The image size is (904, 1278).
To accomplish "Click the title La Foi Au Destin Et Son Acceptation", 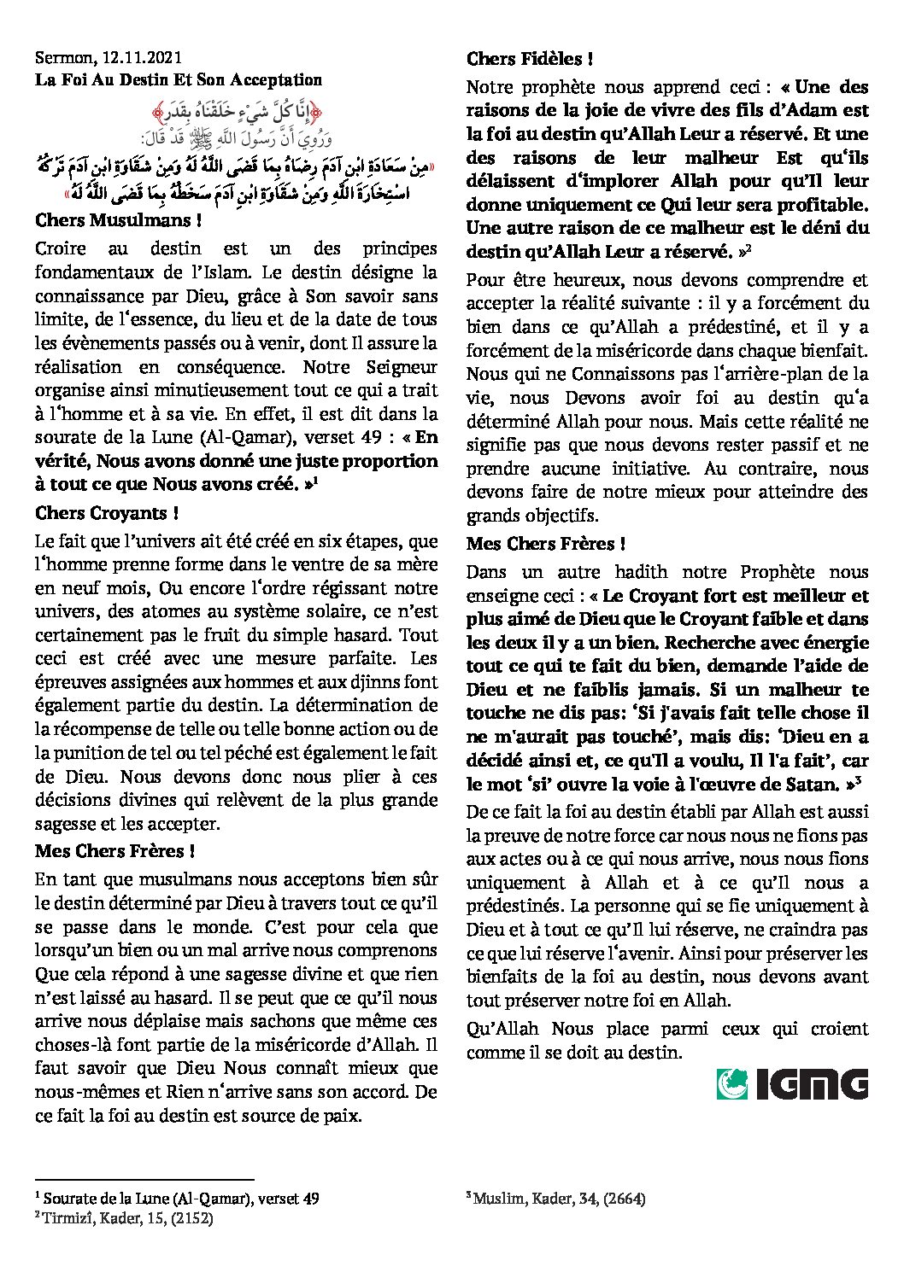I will (179, 80).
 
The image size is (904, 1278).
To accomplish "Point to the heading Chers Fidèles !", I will (530, 59).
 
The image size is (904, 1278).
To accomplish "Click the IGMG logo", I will (792, 1084).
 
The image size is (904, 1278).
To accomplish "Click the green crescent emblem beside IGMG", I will (731, 1084).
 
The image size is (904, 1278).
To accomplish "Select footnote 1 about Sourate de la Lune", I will (177, 1199).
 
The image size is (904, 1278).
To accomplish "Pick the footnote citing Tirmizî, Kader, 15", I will (124, 1218).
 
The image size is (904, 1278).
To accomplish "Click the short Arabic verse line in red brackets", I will (237, 112).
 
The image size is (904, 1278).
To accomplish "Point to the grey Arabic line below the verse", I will (237, 136).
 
